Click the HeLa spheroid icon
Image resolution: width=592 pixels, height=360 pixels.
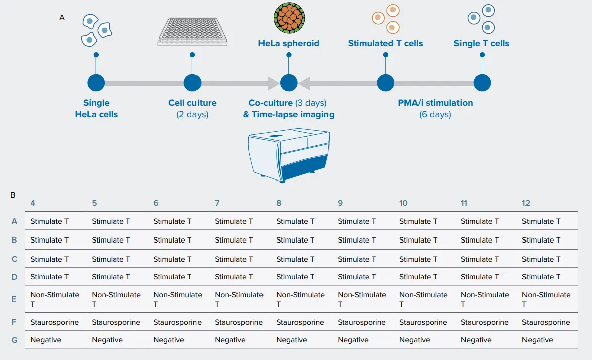(x=289, y=18)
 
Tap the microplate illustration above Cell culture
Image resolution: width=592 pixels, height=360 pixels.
(x=192, y=32)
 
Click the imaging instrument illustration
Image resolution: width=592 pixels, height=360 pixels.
(x=289, y=155)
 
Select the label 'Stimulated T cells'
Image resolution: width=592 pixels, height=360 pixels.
(x=385, y=43)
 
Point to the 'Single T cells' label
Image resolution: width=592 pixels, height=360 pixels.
(x=481, y=43)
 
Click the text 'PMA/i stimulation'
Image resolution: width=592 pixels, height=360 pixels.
(x=435, y=103)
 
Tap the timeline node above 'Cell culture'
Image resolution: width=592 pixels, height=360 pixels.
(x=192, y=83)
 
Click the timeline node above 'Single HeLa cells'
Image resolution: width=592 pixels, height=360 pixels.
(x=96, y=83)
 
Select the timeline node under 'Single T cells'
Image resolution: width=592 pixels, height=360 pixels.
(x=482, y=83)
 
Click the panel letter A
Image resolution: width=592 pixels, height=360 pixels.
(x=62, y=17)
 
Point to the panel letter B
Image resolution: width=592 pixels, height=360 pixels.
(x=13, y=195)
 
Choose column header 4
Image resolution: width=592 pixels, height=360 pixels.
(x=33, y=203)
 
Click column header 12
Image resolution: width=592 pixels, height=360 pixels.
(x=526, y=203)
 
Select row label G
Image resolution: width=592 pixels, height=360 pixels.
(x=14, y=340)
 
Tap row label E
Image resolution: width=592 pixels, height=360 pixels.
(x=14, y=299)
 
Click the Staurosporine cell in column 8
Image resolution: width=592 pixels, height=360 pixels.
(x=300, y=322)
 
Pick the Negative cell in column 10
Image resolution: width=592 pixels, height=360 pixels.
(x=415, y=340)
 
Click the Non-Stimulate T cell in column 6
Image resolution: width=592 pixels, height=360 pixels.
(x=177, y=299)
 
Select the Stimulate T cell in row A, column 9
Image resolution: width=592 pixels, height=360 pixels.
(x=357, y=221)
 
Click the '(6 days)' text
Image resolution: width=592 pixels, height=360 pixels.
(x=435, y=114)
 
